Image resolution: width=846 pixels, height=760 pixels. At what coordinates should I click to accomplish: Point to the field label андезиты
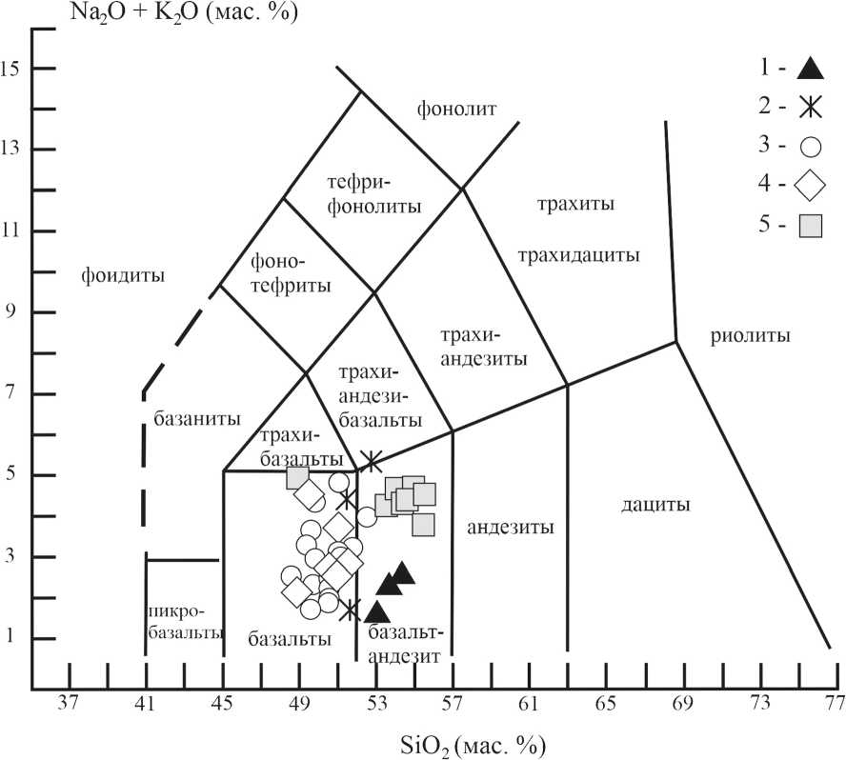coord(511,527)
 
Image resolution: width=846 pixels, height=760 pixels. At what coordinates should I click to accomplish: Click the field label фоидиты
coord(124,277)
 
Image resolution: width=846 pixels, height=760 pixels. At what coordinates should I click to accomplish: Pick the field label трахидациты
coord(578,255)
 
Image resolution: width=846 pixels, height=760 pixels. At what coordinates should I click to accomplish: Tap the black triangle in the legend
coord(809,68)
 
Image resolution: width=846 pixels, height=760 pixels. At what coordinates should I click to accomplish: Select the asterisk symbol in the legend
coord(809,107)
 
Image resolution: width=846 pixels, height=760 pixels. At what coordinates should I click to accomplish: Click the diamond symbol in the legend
coord(810,186)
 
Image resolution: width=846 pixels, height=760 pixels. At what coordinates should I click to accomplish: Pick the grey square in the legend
coord(811,226)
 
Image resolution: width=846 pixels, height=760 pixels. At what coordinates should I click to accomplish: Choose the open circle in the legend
coord(811,147)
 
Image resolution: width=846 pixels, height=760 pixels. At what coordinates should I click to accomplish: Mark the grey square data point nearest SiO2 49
coord(297,477)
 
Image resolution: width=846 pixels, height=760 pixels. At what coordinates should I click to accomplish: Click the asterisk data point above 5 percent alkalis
coord(373,461)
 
